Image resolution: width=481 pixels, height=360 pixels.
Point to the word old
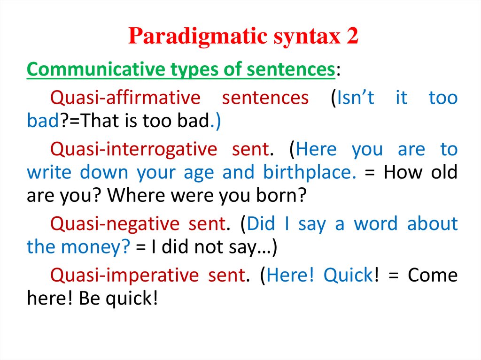click(442, 172)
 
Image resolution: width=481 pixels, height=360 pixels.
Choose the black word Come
click(432, 275)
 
